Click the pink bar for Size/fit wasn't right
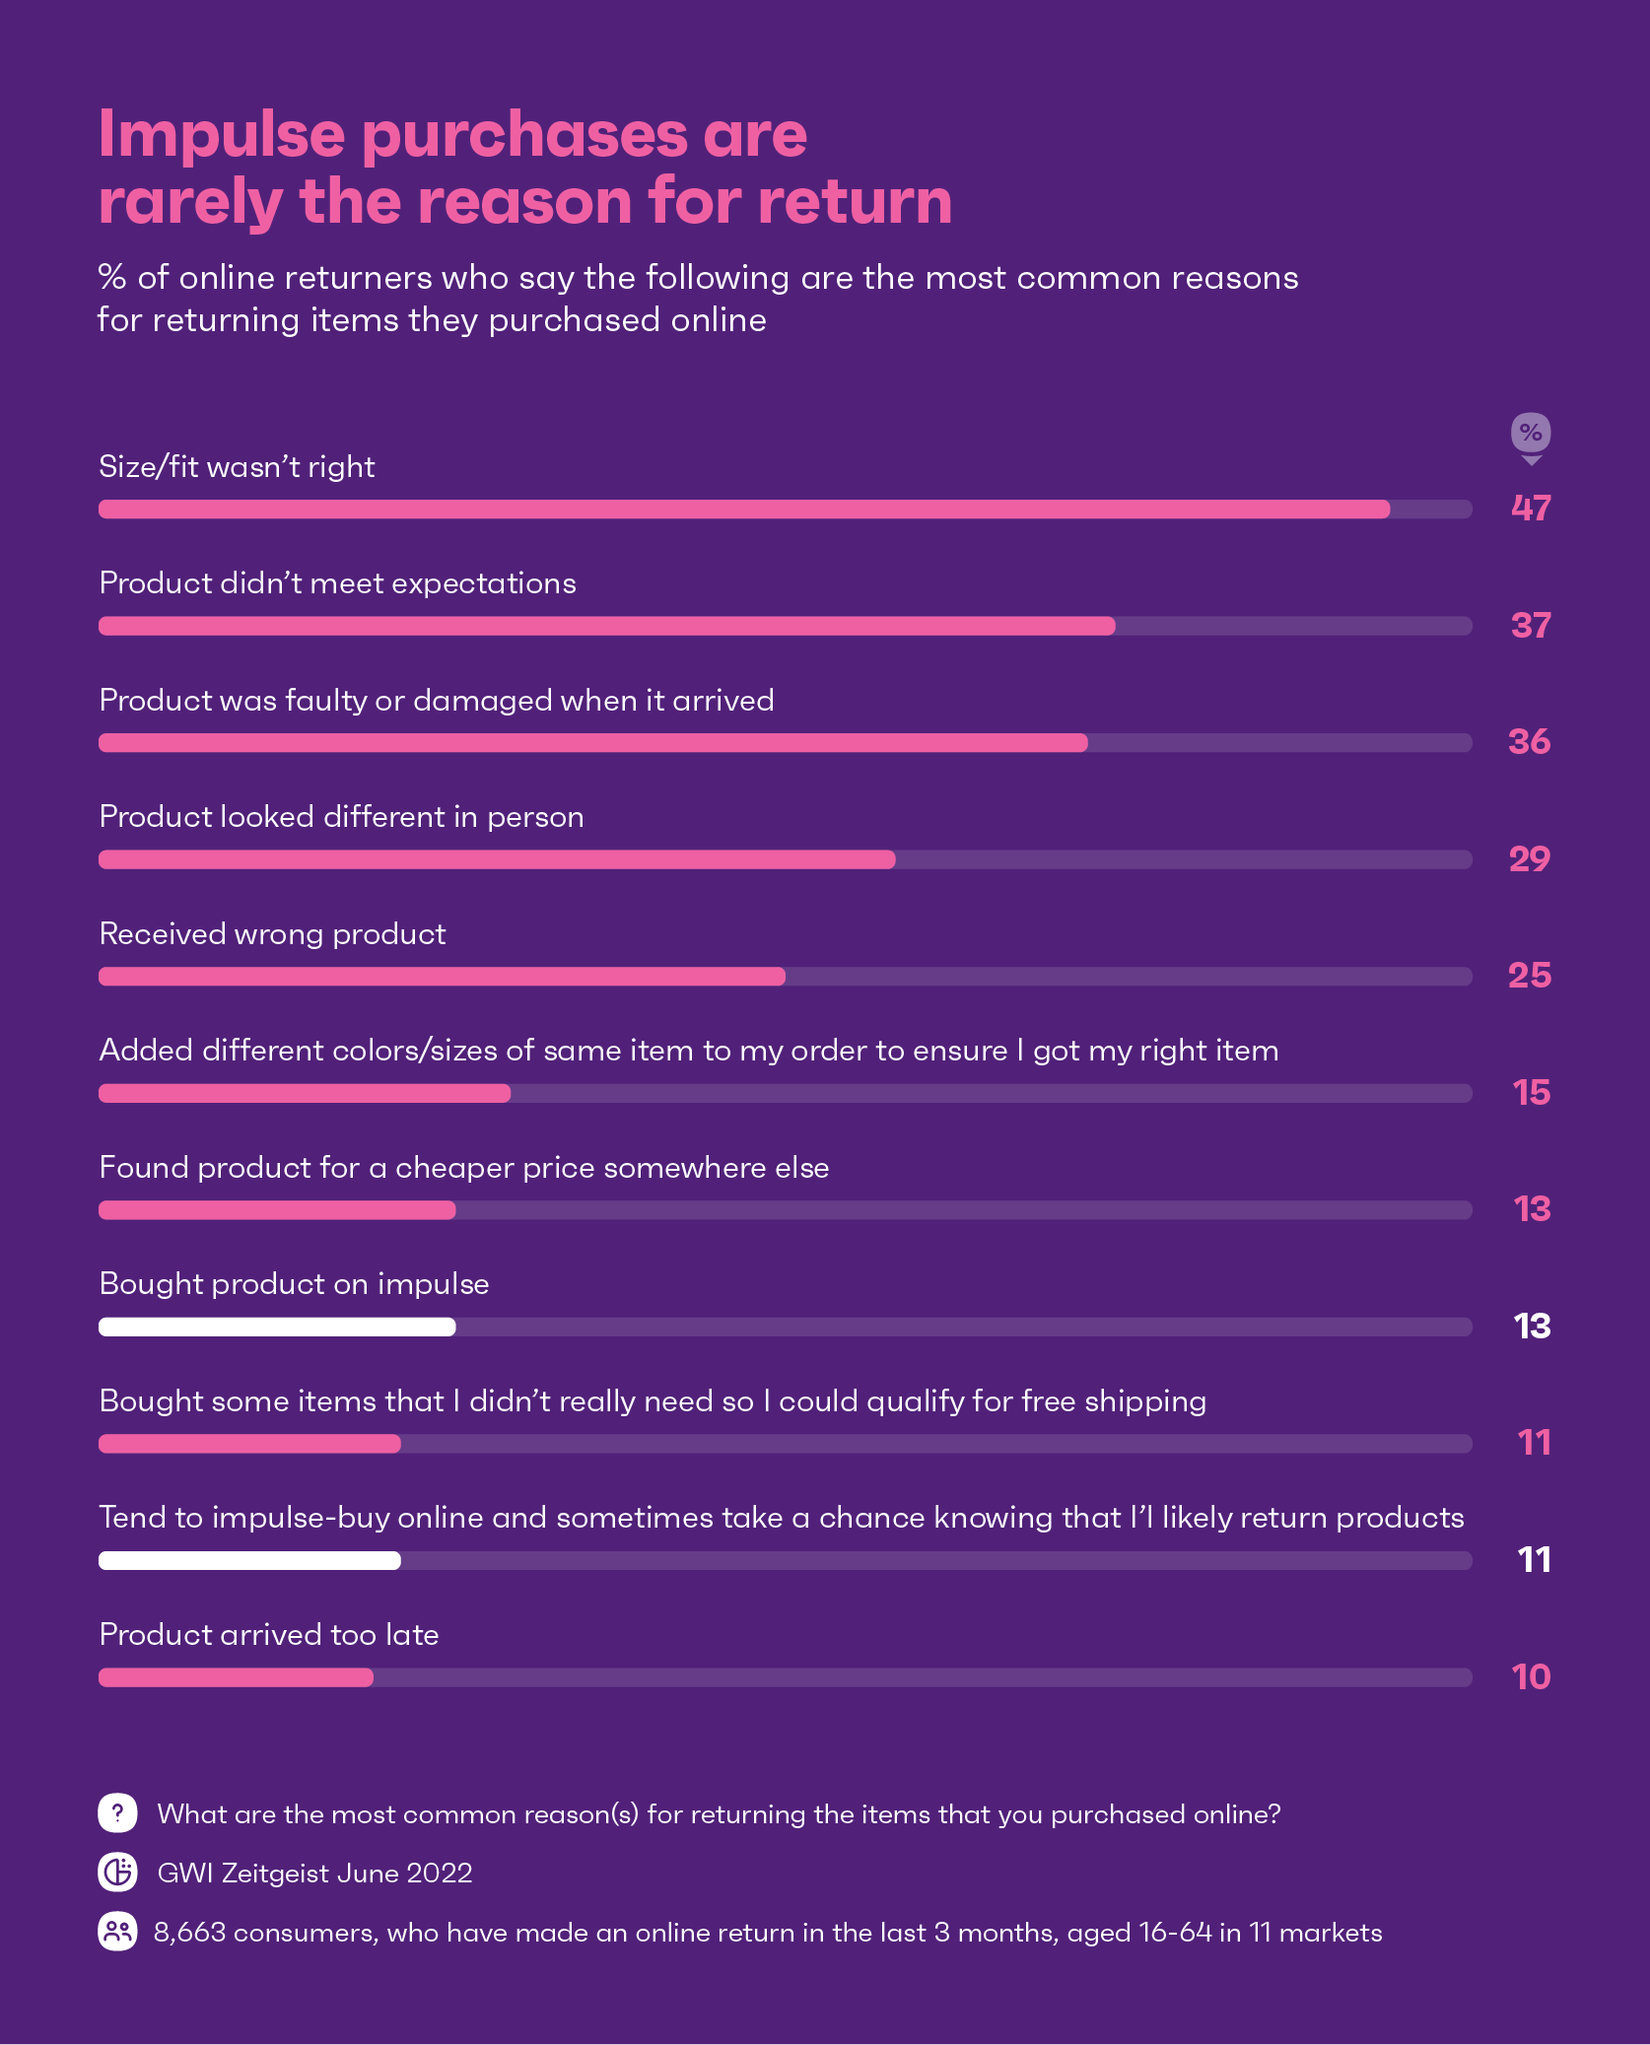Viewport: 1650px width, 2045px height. (x=744, y=510)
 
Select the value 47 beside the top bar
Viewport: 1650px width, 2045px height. (x=1531, y=509)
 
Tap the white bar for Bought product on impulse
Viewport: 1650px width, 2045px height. (x=277, y=1327)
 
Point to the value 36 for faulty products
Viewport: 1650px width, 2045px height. (x=1529, y=742)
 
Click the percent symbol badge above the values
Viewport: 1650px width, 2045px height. (x=1531, y=433)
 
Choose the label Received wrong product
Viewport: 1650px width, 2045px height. (x=273, y=934)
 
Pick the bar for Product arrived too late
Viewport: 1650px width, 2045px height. (x=237, y=1677)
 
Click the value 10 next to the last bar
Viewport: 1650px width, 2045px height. (x=1531, y=1677)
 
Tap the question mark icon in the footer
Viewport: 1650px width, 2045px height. (x=117, y=1812)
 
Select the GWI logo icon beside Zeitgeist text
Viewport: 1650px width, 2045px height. (x=117, y=1872)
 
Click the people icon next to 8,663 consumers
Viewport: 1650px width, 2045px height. (x=117, y=1932)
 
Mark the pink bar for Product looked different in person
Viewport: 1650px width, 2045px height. (x=497, y=859)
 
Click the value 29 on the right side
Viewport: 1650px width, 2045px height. (x=1530, y=859)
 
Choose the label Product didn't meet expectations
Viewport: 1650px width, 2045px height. (x=338, y=583)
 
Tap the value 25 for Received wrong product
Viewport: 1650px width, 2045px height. (x=1530, y=976)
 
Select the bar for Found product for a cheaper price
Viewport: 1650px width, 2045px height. (x=277, y=1210)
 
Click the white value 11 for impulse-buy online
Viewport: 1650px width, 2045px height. (x=1534, y=1560)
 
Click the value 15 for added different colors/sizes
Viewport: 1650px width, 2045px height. (x=1532, y=1093)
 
